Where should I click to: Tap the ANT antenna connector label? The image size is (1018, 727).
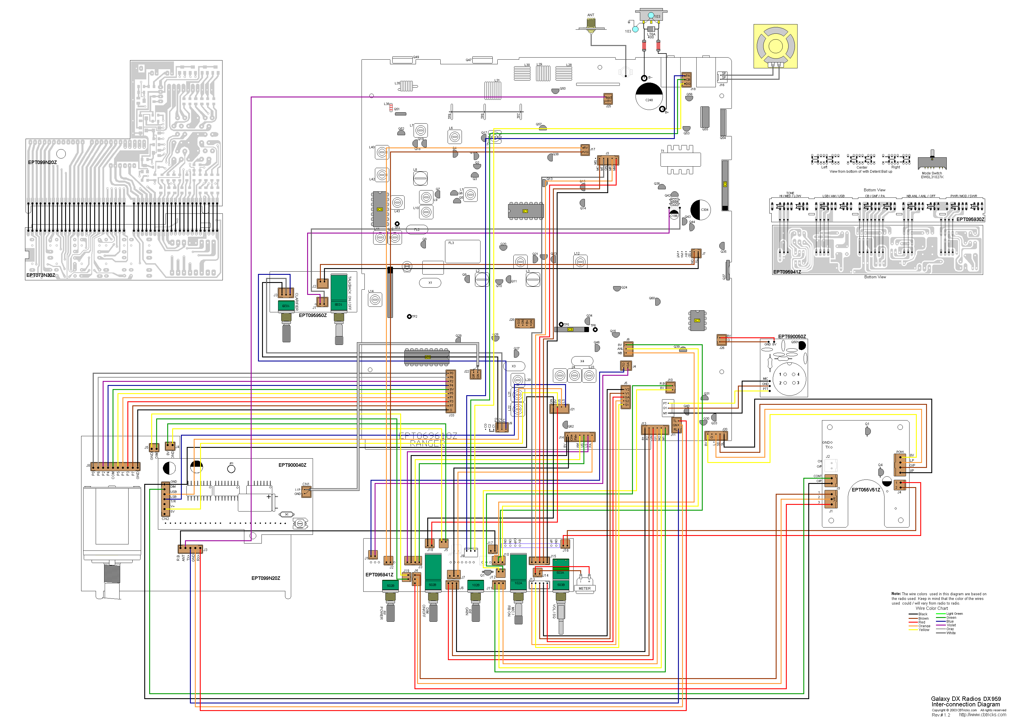(x=590, y=15)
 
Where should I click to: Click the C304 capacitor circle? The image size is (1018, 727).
(x=701, y=209)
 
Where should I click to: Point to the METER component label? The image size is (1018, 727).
(x=584, y=588)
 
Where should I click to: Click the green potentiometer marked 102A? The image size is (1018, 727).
(x=518, y=573)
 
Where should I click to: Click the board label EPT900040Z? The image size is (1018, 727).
(x=292, y=465)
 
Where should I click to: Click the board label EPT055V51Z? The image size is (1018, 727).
(x=865, y=490)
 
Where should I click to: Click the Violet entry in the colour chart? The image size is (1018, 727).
(x=951, y=625)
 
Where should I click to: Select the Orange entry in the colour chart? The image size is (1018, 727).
(x=924, y=626)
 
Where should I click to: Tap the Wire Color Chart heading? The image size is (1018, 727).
(x=932, y=608)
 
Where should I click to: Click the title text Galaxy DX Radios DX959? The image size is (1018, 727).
(x=966, y=698)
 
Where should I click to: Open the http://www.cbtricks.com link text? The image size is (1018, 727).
(x=982, y=714)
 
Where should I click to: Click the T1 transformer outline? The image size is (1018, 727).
(x=680, y=159)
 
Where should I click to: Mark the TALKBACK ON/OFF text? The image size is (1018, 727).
(x=349, y=293)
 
